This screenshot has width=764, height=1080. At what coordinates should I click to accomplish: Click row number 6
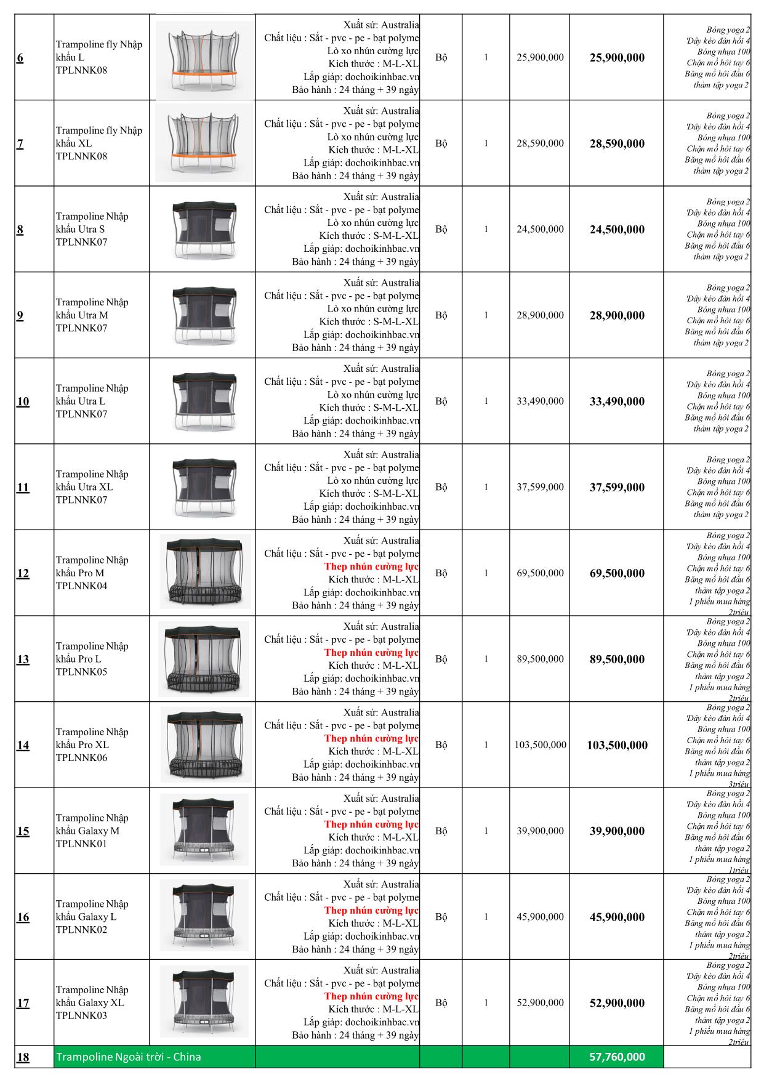(20, 58)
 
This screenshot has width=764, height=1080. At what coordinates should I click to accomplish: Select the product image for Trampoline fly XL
(203, 143)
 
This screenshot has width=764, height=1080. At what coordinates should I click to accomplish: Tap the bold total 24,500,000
(617, 230)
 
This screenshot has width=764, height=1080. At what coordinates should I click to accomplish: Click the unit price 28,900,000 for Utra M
(540, 315)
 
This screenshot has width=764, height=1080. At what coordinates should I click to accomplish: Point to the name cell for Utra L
(92, 401)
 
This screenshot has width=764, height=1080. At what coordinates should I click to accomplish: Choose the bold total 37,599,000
(617, 488)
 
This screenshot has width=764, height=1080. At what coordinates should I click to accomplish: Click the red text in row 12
(371, 566)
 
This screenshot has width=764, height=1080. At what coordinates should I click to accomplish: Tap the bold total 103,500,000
(617, 745)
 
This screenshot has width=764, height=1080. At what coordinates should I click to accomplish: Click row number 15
(23, 831)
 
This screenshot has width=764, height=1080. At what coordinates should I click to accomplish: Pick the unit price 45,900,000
(540, 917)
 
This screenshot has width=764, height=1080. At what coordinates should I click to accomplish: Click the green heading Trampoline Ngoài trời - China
(129, 1057)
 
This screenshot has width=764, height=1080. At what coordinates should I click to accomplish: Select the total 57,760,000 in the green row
(617, 1057)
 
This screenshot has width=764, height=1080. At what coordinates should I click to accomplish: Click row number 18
(23, 1058)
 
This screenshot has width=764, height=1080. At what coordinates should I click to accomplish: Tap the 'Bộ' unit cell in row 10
(441, 401)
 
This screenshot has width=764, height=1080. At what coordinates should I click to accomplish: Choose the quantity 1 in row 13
(486, 659)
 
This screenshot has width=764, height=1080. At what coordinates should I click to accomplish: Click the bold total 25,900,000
(617, 58)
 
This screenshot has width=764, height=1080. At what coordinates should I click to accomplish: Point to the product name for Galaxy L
(92, 916)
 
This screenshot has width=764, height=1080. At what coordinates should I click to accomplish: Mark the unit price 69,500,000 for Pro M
(540, 573)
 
